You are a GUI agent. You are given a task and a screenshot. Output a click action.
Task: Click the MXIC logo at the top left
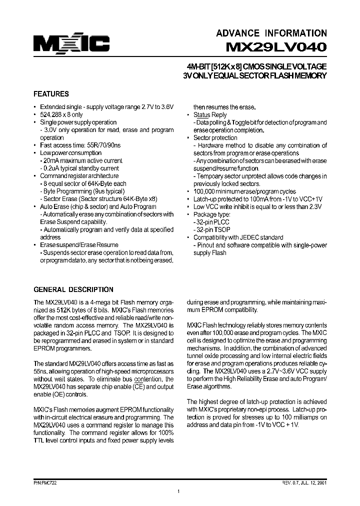(x=71, y=44)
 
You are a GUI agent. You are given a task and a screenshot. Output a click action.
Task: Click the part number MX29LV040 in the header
(x=276, y=48)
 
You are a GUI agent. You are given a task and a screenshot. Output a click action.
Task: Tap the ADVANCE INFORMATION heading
(x=271, y=33)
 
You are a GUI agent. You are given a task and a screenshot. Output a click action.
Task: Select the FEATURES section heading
(x=51, y=94)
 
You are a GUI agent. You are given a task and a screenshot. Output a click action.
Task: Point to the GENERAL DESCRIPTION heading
(x=73, y=289)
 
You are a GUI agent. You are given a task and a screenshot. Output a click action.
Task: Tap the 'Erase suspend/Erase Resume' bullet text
(x=79, y=245)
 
